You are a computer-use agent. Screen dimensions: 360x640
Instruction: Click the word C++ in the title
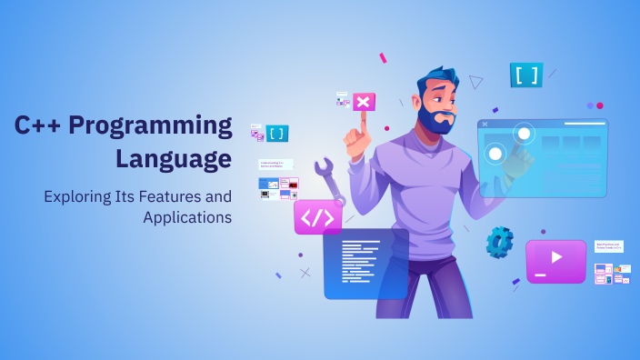pos(37,127)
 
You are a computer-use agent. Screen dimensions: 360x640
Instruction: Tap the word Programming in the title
pos(151,127)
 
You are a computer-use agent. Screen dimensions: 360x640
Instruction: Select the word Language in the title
pos(173,158)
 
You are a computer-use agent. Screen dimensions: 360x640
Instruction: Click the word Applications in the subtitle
pos(187,217)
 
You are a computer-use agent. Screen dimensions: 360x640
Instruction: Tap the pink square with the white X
pos(364,102)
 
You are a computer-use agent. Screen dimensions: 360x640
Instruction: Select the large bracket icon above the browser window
pos(526,75)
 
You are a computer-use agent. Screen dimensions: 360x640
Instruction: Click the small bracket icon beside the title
pos(277,134)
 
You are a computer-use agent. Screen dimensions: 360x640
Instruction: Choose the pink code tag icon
pos(317,217)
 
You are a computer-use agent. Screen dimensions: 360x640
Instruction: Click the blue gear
pos(499,242)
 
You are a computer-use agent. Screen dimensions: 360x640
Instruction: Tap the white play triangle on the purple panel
pos(556,257)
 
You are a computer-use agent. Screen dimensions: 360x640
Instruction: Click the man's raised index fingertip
pos(361,117)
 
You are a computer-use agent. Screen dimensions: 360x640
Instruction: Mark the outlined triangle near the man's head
pos(475,82)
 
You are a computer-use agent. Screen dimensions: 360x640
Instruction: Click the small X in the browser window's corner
pos(485,124)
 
